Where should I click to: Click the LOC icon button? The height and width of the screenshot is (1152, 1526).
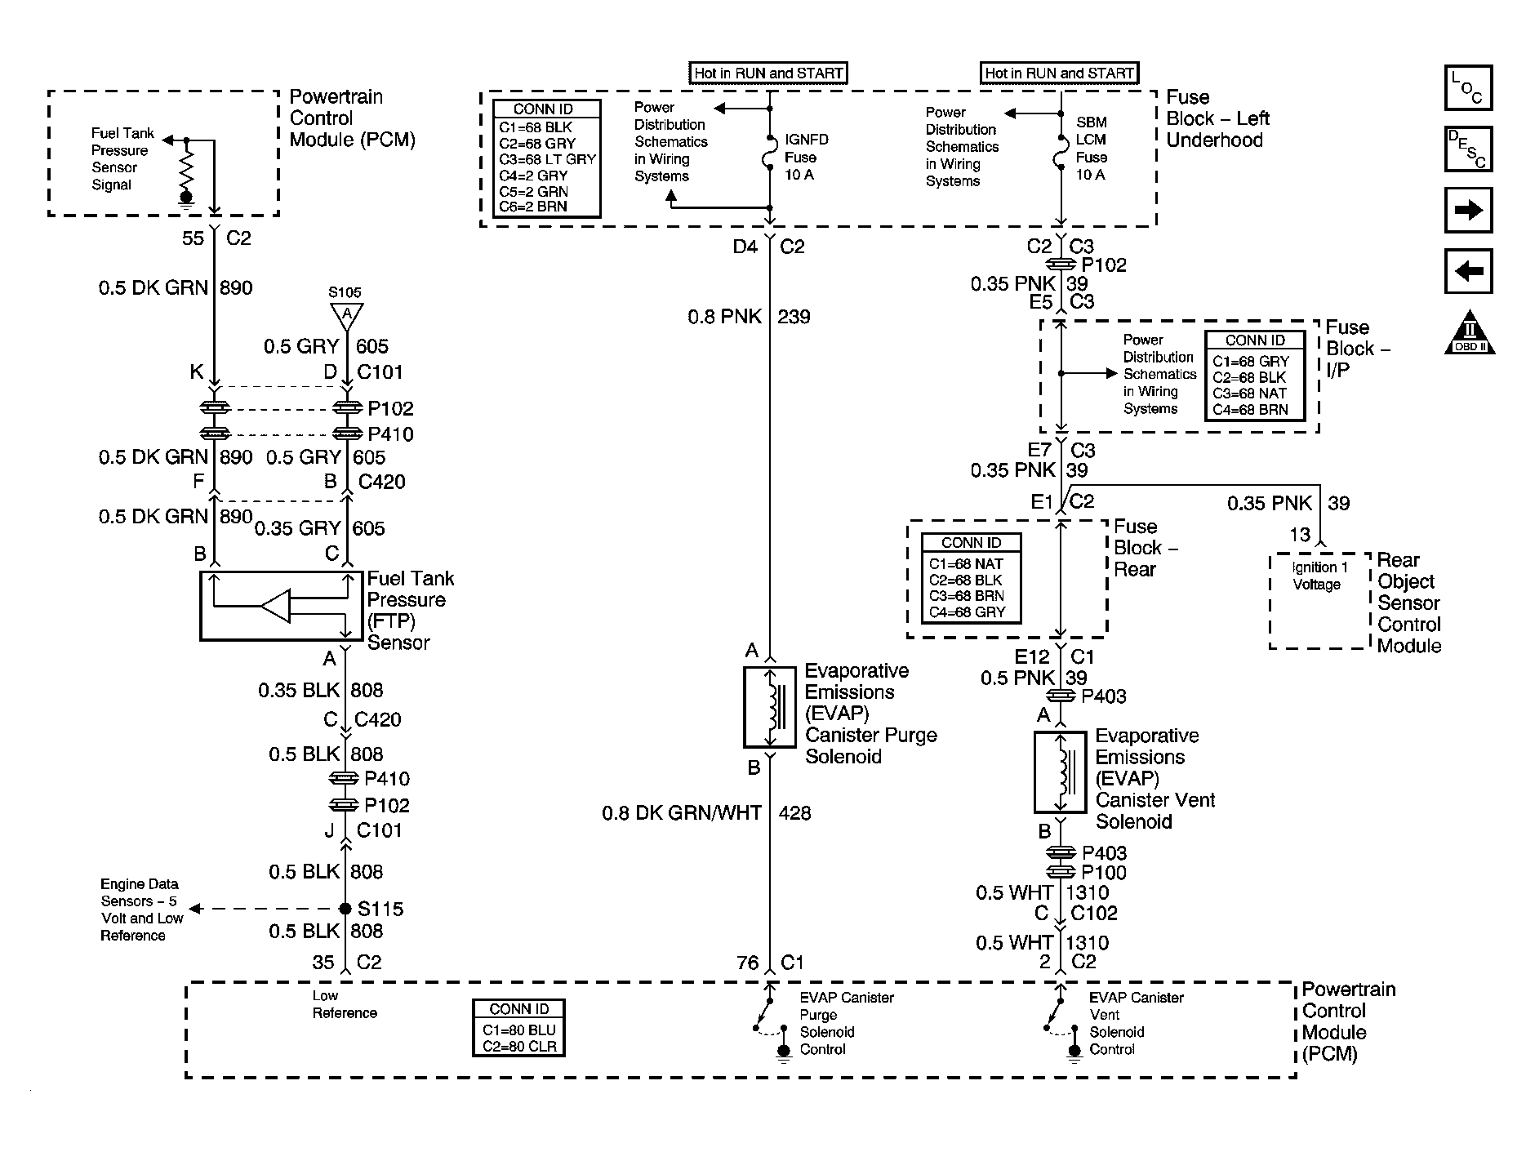point(1468,87)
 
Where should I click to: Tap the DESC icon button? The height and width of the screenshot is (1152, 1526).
point(1468,149)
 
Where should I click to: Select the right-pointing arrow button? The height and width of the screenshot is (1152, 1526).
point(1468,210)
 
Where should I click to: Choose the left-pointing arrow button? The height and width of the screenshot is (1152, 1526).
point(1468,270)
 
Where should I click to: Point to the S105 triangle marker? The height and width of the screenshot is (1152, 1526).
point(346,314)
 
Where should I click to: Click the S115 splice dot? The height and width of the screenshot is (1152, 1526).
point(345,909)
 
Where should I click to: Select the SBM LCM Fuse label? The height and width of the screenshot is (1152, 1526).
point(1091,149)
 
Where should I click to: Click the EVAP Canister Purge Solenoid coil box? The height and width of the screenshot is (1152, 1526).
point(769,707)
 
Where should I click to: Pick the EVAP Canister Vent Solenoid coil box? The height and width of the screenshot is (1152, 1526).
point(1060,772)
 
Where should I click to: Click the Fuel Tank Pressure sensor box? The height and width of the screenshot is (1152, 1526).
point(282,606)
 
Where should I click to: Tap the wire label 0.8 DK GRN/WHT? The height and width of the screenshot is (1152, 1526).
point(681,813)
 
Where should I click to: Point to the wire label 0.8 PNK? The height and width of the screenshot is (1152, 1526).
point(724,317)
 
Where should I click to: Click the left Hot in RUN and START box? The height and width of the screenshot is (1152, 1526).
point(768,73)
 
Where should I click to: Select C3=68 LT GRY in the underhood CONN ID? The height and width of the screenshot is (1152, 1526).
point(547,159)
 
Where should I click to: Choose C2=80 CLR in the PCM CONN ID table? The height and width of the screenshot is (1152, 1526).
point(519,1046)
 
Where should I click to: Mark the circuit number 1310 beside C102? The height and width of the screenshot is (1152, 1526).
point(1087,893)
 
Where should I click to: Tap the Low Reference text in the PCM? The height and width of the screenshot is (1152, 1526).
point(345,1004)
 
